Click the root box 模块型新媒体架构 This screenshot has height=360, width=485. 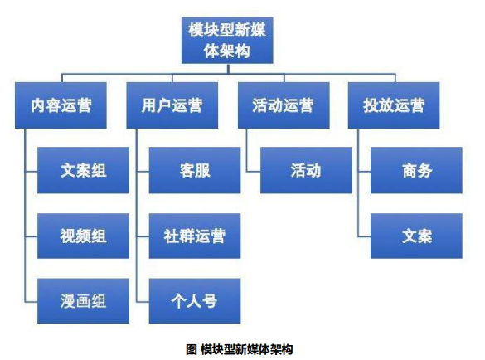tap(227, 41)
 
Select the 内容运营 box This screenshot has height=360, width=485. tap(61, 105)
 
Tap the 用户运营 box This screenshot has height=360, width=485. tap(172, 105)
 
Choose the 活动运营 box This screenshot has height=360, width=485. tap(284, 105)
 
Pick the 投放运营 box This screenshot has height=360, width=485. tap(394, 105)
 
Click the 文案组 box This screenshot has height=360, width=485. tap(83, 170)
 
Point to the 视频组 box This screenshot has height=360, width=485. tap(83, 236)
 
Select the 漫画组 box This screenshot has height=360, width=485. tap(83, 301)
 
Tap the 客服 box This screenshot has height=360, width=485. tap(195, 170)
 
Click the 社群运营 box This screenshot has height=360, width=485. tap(195, 236)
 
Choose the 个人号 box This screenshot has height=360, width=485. tap(195, 301)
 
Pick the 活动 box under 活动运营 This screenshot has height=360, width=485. tap(306, 170)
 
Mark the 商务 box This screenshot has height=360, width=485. tap(416, 170)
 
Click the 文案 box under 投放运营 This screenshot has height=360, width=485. tap(416, 236)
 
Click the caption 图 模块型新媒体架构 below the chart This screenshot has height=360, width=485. tap(239, 349)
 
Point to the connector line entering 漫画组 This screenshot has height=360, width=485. tap(32, 301)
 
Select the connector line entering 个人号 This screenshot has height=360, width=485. tap(143, 301)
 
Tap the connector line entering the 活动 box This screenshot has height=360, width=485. tap(254, 171)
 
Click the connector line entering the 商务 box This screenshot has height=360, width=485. tap(364, 171)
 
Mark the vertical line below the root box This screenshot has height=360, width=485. tap(228, 69)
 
